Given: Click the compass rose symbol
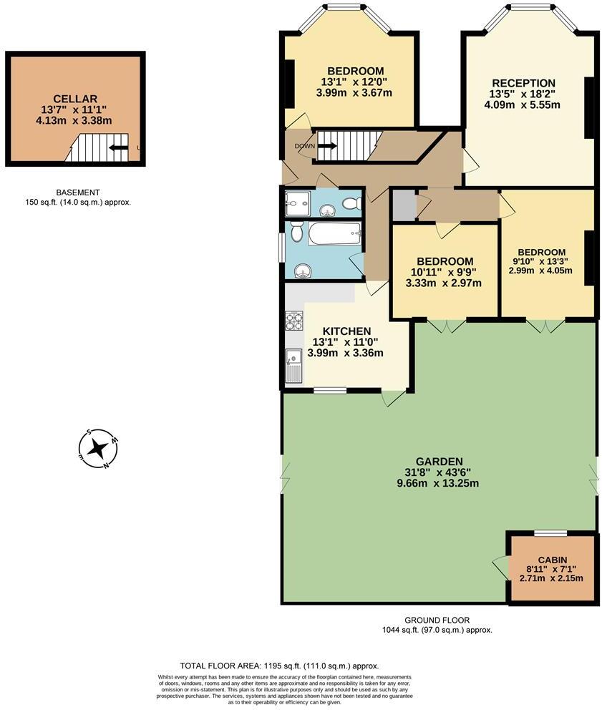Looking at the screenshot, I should [98, 449].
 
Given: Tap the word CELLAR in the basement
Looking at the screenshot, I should [74, 98].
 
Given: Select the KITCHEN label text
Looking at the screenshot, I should [346, 331].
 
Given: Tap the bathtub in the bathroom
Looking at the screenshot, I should [334, 233].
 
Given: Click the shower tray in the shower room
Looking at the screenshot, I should [296, 203].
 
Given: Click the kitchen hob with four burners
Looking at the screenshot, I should [293, 321].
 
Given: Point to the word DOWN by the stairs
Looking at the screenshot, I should [304, 146].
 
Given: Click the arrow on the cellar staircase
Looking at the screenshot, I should [119, 149].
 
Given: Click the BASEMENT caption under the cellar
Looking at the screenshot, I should [77, 192].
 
